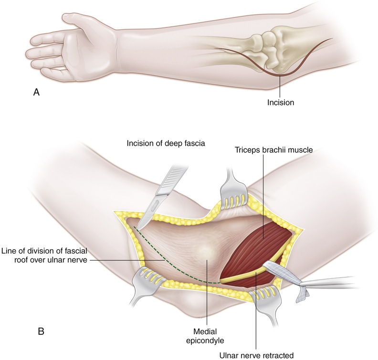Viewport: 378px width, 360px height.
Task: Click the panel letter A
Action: coord(36,93)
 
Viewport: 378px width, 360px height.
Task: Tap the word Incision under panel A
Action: coord(281,102)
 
